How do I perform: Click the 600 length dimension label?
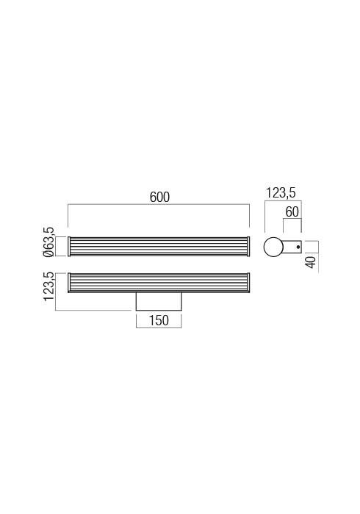tap(159, 197)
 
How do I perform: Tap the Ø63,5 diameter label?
tap(48, 242)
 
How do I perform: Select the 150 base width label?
tap(159, 320)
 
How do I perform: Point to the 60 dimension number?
tap(292, 212)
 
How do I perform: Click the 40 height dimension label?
tap(312, 262)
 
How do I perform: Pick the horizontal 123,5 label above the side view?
tap(281, 193)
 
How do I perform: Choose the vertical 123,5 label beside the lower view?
tap(48, 286)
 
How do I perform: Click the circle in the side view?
tap(273, 247)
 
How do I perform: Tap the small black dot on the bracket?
tap(298, 247)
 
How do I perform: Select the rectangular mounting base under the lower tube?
tap(159, 301)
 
